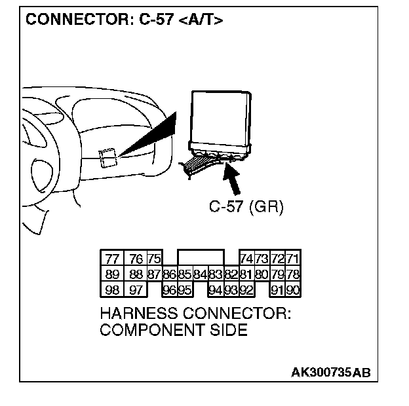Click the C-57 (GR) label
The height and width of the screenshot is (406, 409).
[245, 208]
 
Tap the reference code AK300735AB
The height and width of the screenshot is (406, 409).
[331, 373]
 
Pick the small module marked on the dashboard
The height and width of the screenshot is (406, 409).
[107, 157]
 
